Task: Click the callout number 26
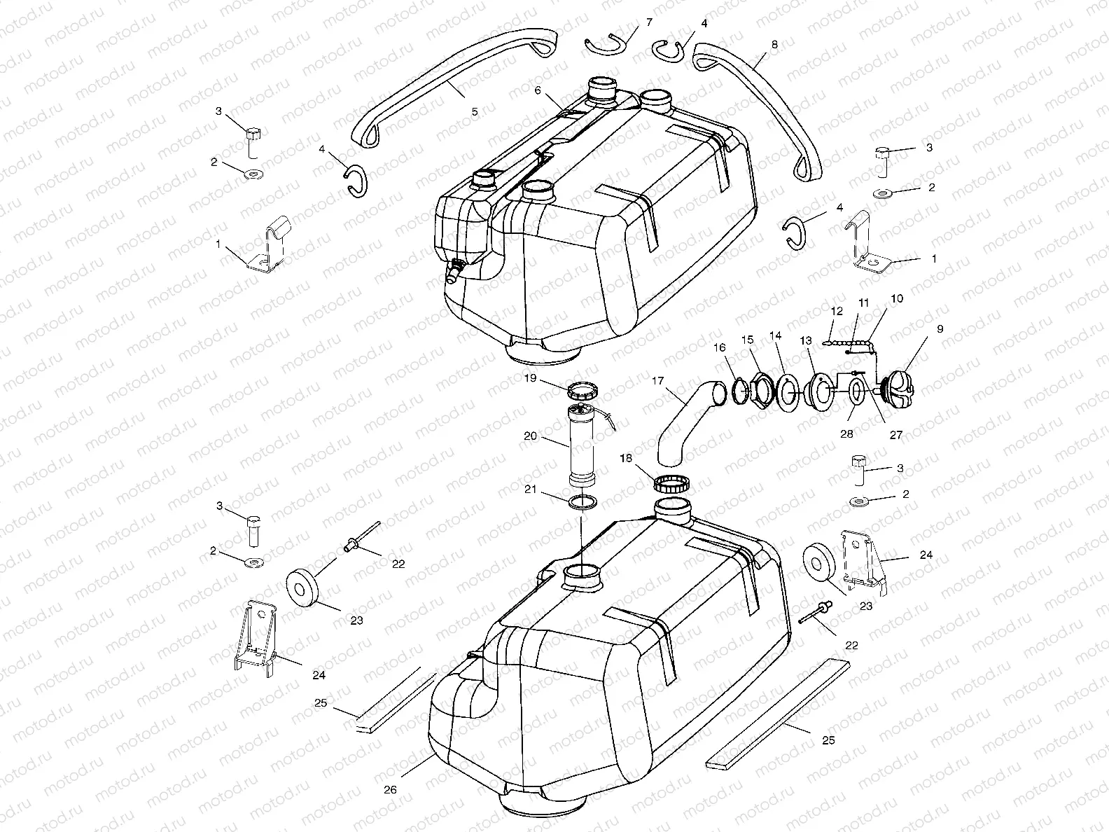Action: tap(391, 789)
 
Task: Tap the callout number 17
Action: tap(657, 382)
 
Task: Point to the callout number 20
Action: tap(531, 436)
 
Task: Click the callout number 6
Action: tap(538, 90)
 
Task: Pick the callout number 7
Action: tap(649, 22)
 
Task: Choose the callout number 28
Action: tap(846, 434)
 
